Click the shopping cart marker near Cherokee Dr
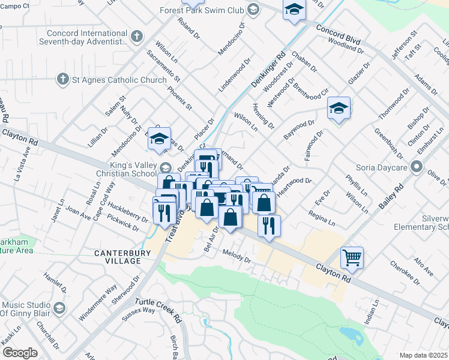(352, 258)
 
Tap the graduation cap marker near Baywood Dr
(339, 109)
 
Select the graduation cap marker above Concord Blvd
(294, 10)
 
